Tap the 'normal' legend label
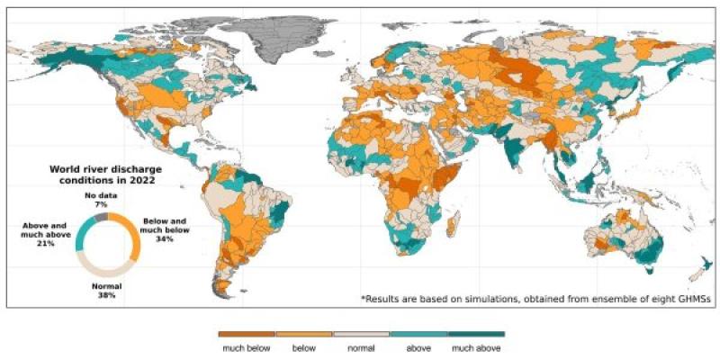(x=361, y=346)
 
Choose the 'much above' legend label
(x=476, y=346)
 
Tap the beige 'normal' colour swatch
(x=361, y=334)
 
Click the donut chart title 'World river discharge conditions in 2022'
(x=101, y=175)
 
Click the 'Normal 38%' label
(x=107, y=291)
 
